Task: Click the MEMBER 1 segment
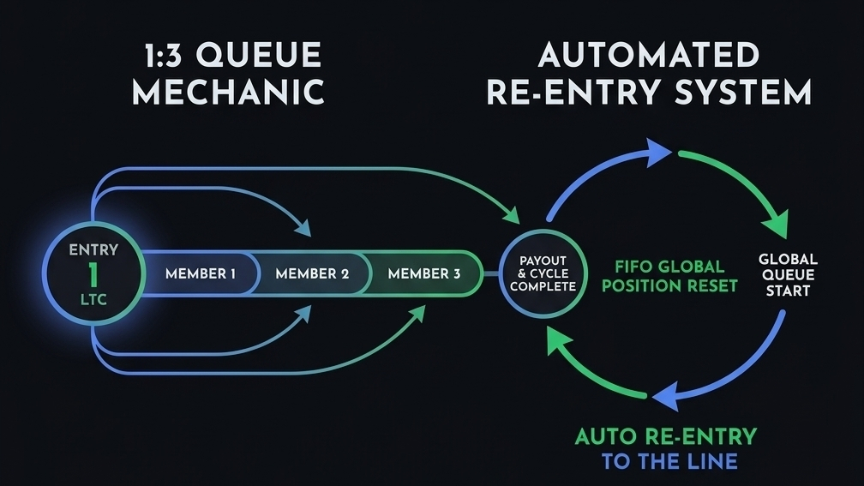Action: click(200, 274)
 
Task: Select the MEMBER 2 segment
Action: click(311, 274)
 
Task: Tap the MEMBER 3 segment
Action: click(423, 274)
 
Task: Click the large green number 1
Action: click(94, 275)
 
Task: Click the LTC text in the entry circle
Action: click(94, 301)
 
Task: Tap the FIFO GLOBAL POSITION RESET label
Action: click(669, 275)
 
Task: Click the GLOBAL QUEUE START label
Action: click(788, 274)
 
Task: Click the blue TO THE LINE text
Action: click(669, 461)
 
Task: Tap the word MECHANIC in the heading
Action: click(228, 91)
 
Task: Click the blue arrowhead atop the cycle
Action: click(658, 153)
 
